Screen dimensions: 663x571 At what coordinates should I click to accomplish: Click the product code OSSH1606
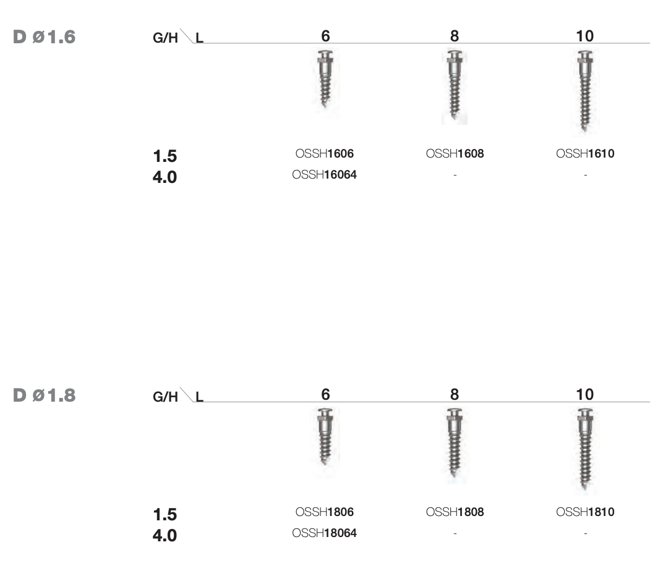coord(324,153)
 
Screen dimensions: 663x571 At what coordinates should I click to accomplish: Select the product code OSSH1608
coord(455,153)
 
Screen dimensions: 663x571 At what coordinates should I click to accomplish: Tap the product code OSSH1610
coord(585,153)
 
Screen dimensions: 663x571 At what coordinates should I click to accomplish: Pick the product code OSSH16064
coord(324,174)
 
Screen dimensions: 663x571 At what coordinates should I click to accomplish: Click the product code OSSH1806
coord(324,512)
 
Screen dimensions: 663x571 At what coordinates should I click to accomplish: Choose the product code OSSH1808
coord(455,512)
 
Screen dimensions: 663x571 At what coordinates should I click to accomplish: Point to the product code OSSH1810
coord(585,512)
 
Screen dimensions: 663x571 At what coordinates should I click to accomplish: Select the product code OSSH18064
coord(324,533)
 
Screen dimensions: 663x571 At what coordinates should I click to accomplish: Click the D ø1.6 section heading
coord(45,36)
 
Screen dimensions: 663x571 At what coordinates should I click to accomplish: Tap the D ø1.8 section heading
coord(45,395)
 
